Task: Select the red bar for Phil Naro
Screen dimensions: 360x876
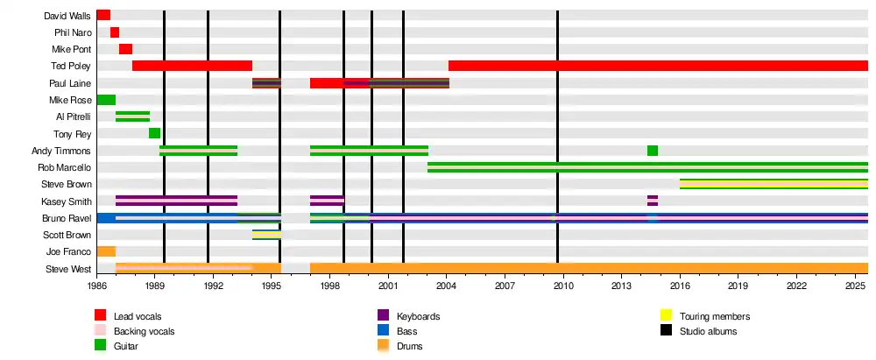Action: pos(115,32)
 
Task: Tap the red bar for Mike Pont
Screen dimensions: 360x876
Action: pos(125,49)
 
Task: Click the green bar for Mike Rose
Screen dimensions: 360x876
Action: pos(106,100)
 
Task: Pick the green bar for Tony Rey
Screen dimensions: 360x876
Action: pos(154,133)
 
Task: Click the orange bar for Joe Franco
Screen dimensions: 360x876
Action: pos(106,251)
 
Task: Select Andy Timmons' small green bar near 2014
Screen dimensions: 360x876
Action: pos(653,151)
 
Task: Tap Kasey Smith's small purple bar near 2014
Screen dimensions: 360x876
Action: pos(653,201)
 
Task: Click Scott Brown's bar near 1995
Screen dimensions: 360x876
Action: pos(266,235)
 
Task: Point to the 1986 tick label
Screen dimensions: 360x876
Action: pos(96,286)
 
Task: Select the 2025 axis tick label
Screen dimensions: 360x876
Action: pos(855,286)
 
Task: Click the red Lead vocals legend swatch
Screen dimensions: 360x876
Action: pos(101,315)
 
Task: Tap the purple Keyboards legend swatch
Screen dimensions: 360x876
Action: pos(383,315)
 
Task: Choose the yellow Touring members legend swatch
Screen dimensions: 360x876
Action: pos(666,315)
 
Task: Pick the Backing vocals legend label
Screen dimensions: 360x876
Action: pos(144,331)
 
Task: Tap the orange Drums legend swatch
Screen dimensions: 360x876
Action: pos(383,347)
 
